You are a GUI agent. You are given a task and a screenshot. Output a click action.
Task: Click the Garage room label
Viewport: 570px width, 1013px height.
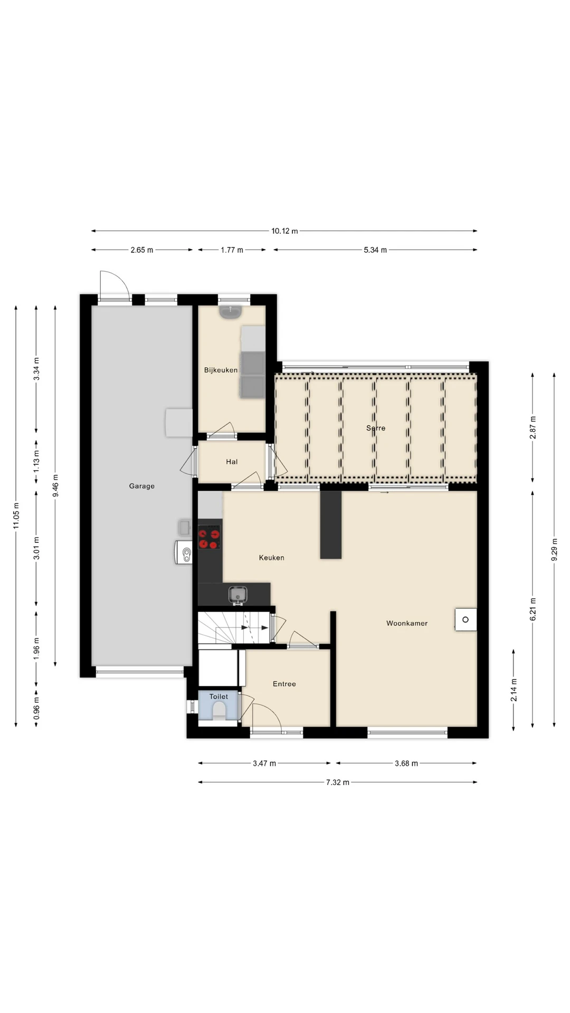[141, 486]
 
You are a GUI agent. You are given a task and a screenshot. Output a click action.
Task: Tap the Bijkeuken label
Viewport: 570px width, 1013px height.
[221, 370]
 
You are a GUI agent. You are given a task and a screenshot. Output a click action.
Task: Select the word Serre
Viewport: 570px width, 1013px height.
[376, 428]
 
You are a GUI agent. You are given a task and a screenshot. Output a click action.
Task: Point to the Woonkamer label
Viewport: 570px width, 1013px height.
[407, 623]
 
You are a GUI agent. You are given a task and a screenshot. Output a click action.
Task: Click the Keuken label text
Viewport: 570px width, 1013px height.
[271, 557]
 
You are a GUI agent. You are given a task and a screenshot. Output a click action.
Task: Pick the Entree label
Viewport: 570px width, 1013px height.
[284, 684]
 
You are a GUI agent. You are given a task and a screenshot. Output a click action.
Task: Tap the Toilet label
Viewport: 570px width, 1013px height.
[218, 696]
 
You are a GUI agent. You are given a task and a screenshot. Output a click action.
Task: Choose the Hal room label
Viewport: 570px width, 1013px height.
[232, 462]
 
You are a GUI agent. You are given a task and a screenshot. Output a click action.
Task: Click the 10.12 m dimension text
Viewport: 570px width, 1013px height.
[284, 231]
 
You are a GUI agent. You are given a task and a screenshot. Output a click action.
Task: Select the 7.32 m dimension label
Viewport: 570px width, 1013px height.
[337, 782]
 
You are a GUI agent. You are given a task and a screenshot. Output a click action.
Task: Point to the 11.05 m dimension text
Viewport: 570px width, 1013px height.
[16, 515]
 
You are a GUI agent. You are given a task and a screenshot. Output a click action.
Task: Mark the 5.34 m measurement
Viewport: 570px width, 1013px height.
[375, 250]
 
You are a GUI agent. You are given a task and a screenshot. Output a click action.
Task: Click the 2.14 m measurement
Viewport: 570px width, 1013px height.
[514, 690]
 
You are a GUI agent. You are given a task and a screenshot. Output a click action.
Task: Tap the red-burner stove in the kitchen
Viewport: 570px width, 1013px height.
[210, 537]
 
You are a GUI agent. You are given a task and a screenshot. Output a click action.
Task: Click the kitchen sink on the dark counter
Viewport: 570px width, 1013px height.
[238, 595]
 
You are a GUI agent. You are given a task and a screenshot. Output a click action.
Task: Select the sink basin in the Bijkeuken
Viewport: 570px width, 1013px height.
[231, 312]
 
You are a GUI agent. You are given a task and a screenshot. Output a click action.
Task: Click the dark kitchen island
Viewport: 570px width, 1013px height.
[331, 524]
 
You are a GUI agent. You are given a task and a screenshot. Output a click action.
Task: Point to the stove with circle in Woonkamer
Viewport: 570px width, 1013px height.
[465, 619]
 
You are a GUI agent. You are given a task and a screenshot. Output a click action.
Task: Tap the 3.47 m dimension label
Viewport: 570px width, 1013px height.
[264, 763]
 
